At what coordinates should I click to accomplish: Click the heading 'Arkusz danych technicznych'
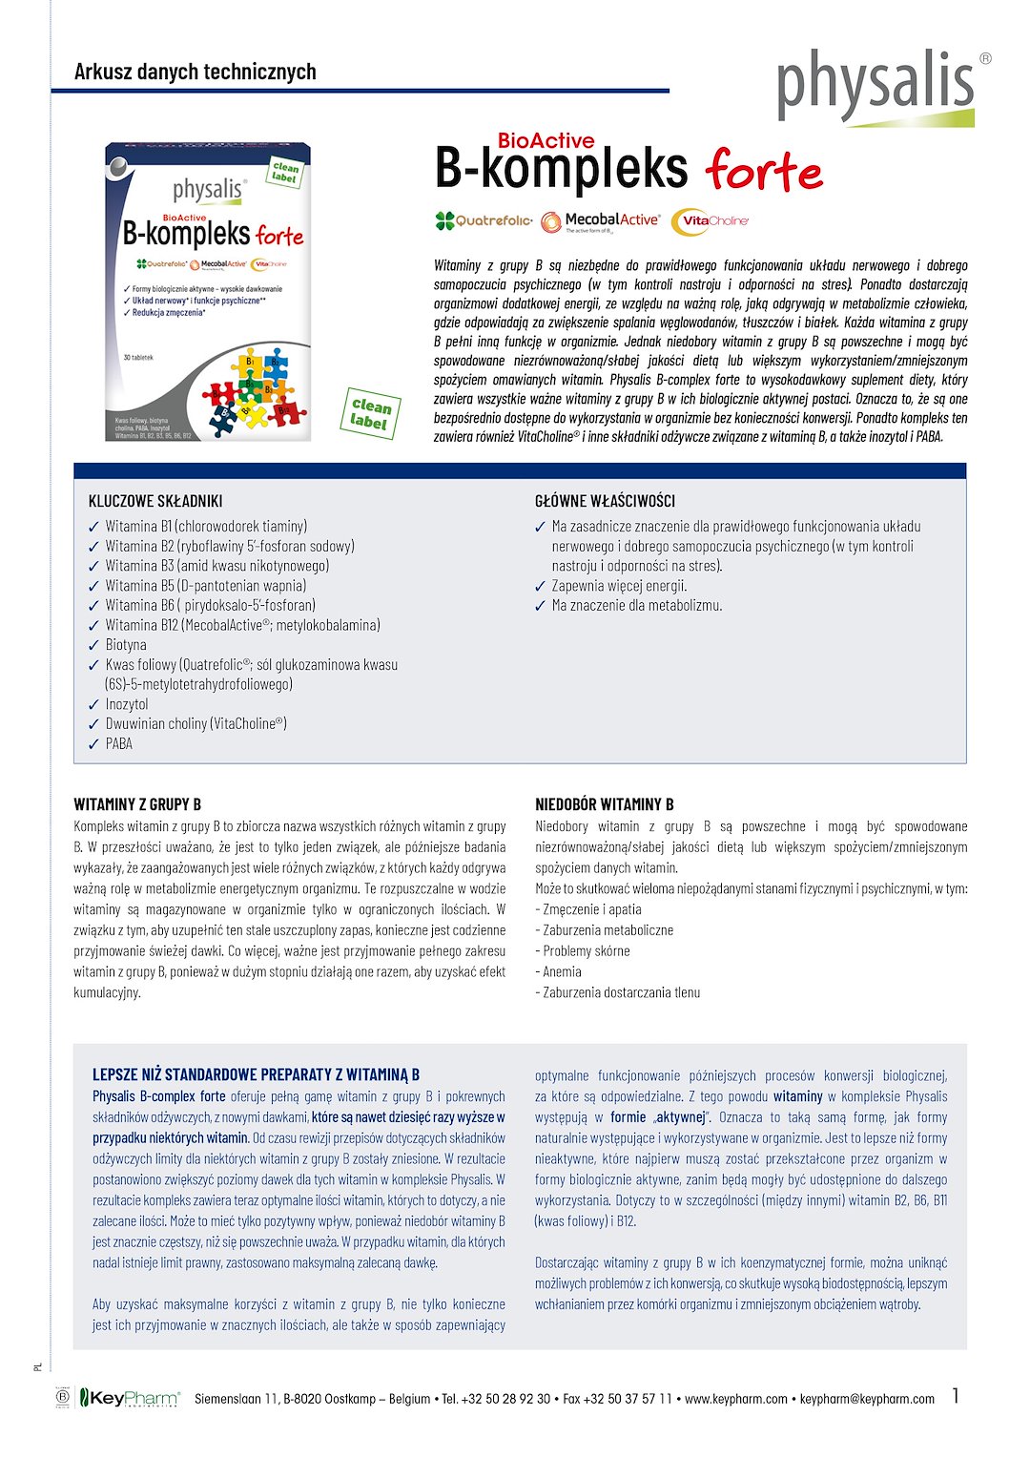[x=195, y=72]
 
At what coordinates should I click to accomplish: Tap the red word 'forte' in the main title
[x=764, y=171]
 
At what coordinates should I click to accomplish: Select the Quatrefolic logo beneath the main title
[x=484, y=220]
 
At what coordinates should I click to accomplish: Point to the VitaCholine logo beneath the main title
[x=711, y=221]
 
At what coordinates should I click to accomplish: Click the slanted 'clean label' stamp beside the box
[x=370, y=413]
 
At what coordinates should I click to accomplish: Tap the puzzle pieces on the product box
[x=250, y=388]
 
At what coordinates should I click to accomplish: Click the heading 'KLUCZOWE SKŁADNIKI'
[x=155, y=501]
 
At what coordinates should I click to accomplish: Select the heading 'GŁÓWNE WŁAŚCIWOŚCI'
[x=605, y=501]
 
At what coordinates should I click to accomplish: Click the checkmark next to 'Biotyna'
[x=93, y=646]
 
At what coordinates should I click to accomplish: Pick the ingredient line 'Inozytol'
[x=127, y=704]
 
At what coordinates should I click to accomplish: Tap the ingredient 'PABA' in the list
[x=119, y=743]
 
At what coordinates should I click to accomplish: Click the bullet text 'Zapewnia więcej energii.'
[x=619, y=586]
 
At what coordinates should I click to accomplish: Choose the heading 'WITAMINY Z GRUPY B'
[x=137, y=804]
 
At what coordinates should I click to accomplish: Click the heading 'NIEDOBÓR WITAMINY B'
[x=605, y=804]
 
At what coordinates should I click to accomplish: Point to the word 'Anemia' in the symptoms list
[x=562, y=971]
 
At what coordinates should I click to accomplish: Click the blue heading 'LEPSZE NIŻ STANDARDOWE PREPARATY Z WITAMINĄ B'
[x=256, y=1074]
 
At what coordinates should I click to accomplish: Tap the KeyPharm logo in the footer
[x=129, y=1398]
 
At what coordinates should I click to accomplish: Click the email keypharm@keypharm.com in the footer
[x=867, y=1399]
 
